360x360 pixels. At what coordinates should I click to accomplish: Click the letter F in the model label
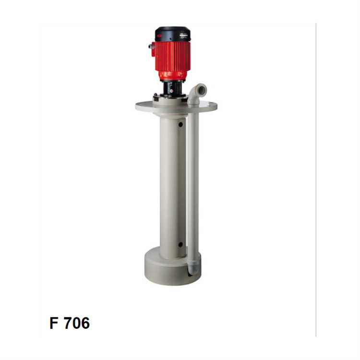53,323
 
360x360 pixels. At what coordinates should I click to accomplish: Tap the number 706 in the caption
76,323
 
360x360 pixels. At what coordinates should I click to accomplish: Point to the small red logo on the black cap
159,36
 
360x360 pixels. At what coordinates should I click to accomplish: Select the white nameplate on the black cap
184,35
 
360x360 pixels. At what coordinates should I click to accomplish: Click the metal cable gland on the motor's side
150,46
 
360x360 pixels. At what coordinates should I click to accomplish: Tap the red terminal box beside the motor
153,49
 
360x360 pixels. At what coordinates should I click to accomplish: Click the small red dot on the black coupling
171,91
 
